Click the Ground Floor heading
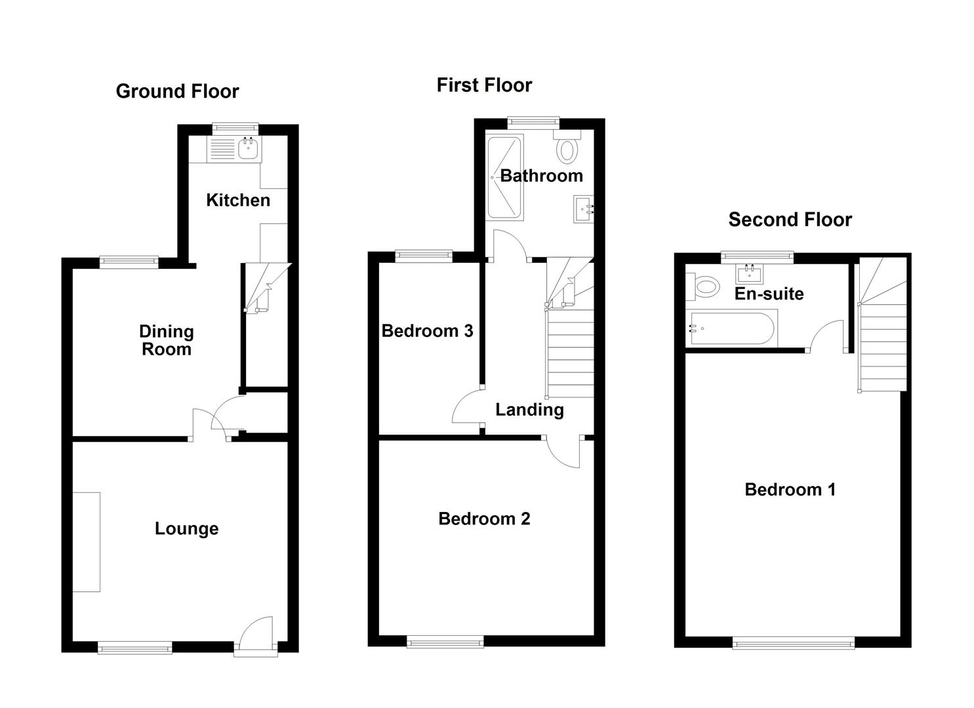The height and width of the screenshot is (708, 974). pyautogui.click(x=177, y=91)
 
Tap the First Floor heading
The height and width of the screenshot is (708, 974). pyautogui.click(x=484, y=85)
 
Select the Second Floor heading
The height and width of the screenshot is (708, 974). pyautogui.click(x=790, y=220)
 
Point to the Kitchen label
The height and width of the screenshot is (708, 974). pyautogui.click(x=237, y=200)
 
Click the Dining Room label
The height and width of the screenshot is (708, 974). pyautogui.click(x=167, y=340)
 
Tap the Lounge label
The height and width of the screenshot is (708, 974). pyautogui.click(x=186, y=528)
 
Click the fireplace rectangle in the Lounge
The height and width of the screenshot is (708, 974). pyautogui.click(x=86, y=541)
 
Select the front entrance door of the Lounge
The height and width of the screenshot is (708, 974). pyautogui.click(x=256, y=635)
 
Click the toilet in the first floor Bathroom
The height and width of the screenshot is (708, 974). pyautogui.click(x=566, y=149)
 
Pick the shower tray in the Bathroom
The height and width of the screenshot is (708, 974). pyautogui.click(x=504, y=177)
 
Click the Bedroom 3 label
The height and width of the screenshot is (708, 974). pyautogui.click(x=427, y=330)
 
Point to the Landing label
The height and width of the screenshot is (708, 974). pyautogui.click(x=529, y=410)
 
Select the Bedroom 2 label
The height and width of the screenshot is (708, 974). pyautogui.click(x=484, y=519)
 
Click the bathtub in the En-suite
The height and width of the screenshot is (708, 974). pyautogui.click(x=732, y=328)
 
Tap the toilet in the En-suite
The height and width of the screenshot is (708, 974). pyautogui.click(x=703, y=286)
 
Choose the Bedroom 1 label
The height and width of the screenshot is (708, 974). pyautogui.click(x=790, y=489)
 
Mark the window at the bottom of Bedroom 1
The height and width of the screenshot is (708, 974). pyautogui.click(x=793, y=643)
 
